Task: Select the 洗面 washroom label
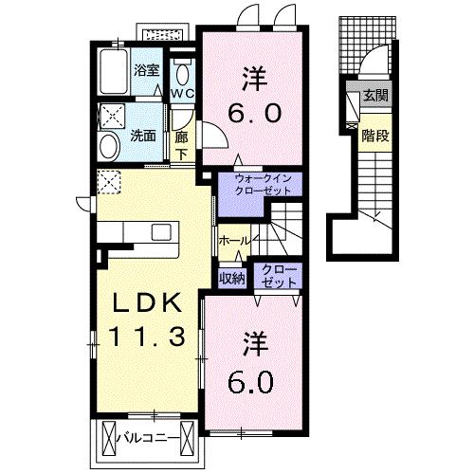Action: [x=144, y=136]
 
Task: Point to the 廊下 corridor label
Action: [x=181, y=145]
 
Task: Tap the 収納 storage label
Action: [x=232, y=278]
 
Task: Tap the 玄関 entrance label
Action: [x=374, y=95]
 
